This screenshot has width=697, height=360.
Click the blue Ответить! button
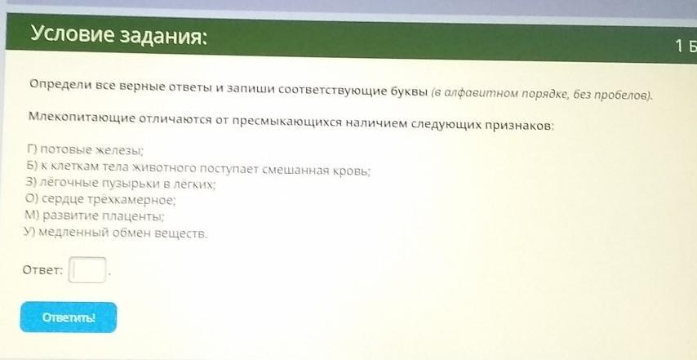(69, 318)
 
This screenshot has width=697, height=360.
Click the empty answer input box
(87, 269)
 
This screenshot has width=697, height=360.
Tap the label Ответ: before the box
(42, 269)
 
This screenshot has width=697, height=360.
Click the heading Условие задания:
(118, 35)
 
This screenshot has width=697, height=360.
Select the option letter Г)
(32, 149)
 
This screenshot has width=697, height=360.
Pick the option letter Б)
(32, 167)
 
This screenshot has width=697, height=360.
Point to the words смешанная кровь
(315, 171)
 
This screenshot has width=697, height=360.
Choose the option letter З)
(32, 183)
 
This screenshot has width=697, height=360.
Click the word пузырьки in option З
(134, 184)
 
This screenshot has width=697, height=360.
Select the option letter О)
(32, 199)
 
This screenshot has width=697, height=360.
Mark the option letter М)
(33, 216)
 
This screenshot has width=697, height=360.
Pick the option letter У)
(30, 232)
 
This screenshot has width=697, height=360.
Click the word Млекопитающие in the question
(82, 118)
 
